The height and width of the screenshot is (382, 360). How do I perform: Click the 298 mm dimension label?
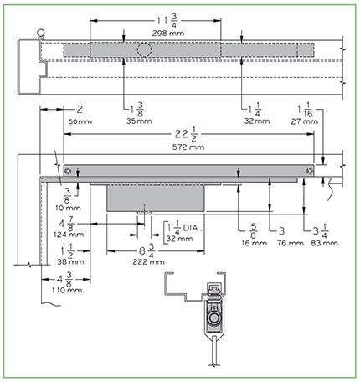(168, 34)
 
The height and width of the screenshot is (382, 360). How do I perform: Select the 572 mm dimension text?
(188, 147)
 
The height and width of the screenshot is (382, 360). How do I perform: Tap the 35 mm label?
(139, 121)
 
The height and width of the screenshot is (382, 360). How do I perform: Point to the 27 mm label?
(305, 121)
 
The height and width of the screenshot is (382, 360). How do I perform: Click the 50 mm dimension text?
(80, 121)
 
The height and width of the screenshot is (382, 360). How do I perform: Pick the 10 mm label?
(68, 208)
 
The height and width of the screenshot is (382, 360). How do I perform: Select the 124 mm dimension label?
(69, 235)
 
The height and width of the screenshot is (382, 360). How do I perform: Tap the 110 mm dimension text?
(67, 290)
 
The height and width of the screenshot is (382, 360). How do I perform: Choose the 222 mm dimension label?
(148, 261)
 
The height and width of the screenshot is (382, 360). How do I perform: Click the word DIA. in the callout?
(193, 228)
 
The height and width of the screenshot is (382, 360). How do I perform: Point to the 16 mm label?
(254, 243)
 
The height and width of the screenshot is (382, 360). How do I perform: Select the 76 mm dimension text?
(291, 243)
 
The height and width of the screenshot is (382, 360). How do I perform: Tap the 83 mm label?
(324, 243)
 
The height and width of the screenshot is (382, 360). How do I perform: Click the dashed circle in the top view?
(144, 50)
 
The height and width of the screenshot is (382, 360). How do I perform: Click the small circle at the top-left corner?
(41, 33)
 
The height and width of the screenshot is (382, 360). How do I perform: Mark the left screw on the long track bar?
(68, 171)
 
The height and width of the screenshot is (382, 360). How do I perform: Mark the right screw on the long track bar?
(309, 171)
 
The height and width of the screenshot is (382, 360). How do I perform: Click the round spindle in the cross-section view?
(214, 318)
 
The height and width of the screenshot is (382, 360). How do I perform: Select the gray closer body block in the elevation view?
(156, 198)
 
